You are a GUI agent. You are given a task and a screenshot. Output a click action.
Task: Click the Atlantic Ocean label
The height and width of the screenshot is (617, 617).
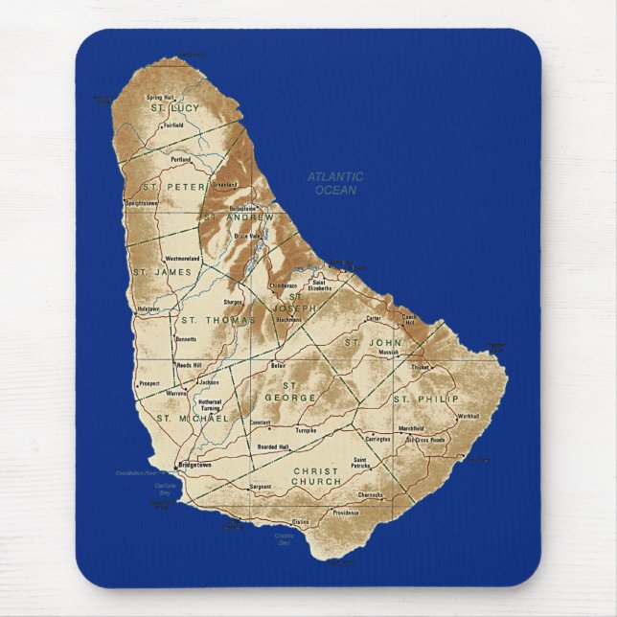point(335,183)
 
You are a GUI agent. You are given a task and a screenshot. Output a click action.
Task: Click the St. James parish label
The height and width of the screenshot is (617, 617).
point(162,272)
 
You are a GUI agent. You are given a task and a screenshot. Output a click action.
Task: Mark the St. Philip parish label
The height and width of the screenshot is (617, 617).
point(426,398)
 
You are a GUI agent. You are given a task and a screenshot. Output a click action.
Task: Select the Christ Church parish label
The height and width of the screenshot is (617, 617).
point(316,475)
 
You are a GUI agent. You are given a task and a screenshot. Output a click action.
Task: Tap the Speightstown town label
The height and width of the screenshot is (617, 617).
point(142,203)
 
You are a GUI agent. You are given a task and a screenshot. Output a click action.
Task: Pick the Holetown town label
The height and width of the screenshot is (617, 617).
point(148,309)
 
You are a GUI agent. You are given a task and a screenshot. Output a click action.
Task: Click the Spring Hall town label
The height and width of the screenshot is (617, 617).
point(161,97)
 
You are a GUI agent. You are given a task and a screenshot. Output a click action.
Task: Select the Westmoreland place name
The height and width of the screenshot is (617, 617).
point(182,259)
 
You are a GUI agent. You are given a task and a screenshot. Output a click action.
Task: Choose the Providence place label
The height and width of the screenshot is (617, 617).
point(345,512)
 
